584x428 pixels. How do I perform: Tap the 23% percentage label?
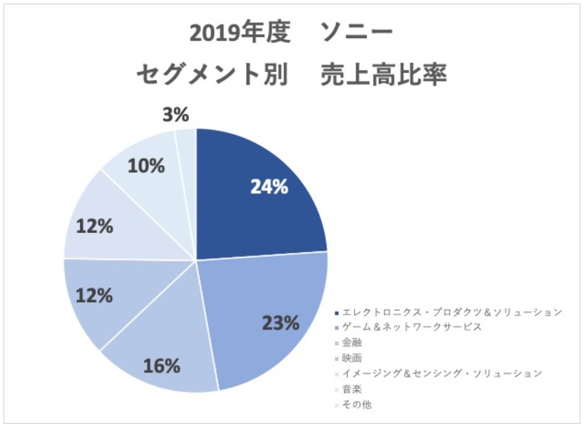(x=280, y=323)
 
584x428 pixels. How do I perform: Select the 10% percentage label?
(x=146, y=165)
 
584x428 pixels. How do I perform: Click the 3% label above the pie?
(x=175, y=115)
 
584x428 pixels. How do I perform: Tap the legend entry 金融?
(x=352, y=343)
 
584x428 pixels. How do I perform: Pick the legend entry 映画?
(x=352, y=358)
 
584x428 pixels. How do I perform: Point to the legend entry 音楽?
(x=352, y=389)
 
